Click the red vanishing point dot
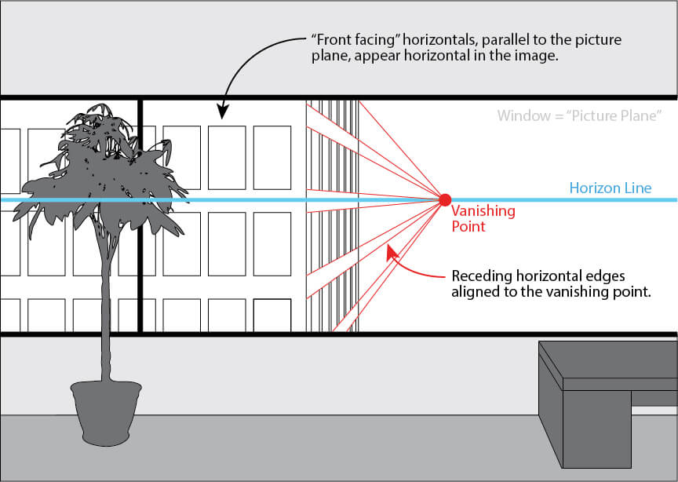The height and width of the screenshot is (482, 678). coord(444,199)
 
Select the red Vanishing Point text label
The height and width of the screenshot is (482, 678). coord(483,218)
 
